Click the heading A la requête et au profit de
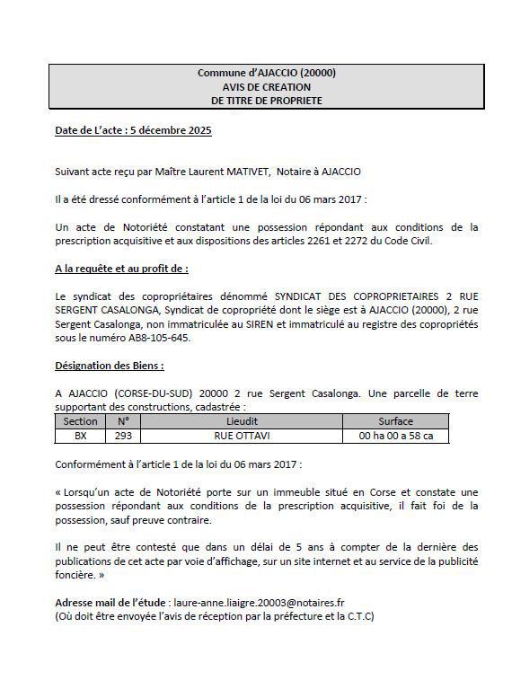(121, 268)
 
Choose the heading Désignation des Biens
(110, 366)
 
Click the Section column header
(80, 420)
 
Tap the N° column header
(123, 420)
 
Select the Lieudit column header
(242, 420)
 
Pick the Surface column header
(395, 420)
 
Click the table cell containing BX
(80, 436)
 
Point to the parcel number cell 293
(123, 436)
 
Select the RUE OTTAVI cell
(242, 436)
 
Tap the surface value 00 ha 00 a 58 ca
(395, 436)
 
